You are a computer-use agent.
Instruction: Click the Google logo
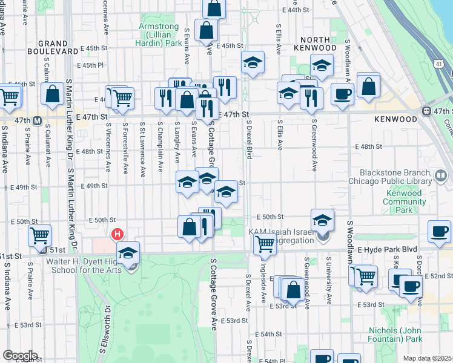(19, 356)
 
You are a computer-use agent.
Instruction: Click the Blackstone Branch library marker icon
(441, 177)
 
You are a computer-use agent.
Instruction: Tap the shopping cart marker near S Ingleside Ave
(264, 243)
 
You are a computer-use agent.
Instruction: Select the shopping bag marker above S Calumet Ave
(53, 94)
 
